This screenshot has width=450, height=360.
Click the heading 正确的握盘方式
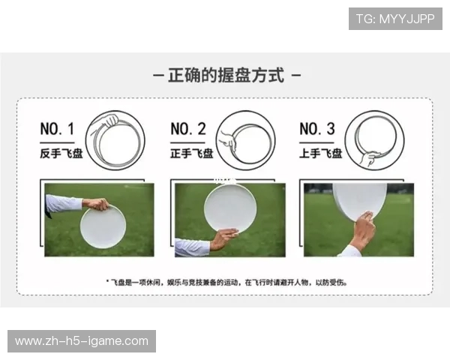click(226, 76)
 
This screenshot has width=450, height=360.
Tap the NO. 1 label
click(57, 129)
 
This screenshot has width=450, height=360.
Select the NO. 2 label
click(187, 129)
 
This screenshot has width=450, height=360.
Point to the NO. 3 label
click(317, 129)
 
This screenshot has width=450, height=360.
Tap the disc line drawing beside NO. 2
click(245, 139)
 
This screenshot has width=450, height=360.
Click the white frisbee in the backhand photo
click(103, 228)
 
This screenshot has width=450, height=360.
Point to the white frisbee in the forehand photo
click(229, 207)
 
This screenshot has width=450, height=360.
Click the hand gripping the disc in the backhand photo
click(97, 204)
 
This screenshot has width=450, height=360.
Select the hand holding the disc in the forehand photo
click(223, 239)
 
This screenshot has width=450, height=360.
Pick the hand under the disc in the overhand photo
click(363, 231)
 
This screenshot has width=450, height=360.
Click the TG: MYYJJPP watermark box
click(395, 19)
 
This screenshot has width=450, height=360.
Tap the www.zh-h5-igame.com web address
click(82, 341)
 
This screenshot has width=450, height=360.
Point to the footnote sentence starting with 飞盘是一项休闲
click(226, 283)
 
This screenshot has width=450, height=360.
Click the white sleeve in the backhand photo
click(64, 203)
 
